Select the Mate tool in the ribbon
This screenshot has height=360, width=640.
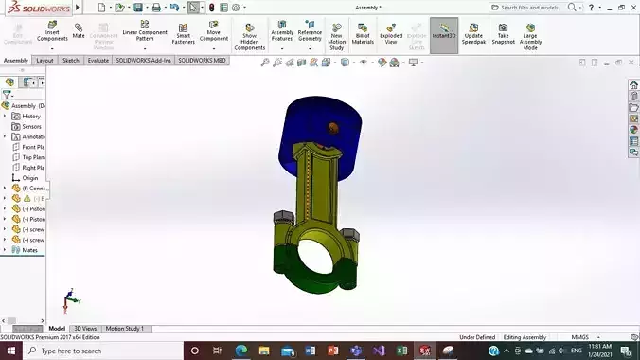point(79,31)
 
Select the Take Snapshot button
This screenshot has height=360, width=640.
point(504,34)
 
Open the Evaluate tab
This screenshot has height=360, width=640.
point(98,60)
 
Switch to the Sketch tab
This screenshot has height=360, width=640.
point(71,60)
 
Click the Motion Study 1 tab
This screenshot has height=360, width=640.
point(125,328)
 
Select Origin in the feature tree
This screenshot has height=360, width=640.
point(29,177)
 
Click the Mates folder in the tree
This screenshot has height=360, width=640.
point(30,250)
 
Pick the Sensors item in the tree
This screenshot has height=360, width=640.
point(31,126)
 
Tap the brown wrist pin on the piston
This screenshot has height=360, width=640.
point(332,127)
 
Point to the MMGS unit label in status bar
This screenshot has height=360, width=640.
point(579,337)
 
